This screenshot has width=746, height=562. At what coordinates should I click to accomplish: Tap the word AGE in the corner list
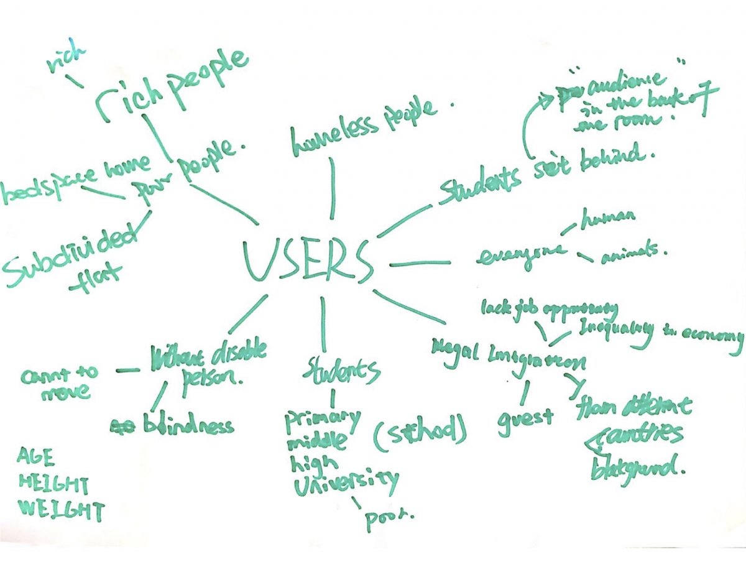point(37,458)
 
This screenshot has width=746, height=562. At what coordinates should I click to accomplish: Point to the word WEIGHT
point(60,510)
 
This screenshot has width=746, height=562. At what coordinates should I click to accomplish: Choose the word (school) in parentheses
point(419,433)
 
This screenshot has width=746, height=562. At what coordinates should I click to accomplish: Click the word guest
point(525,416)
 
